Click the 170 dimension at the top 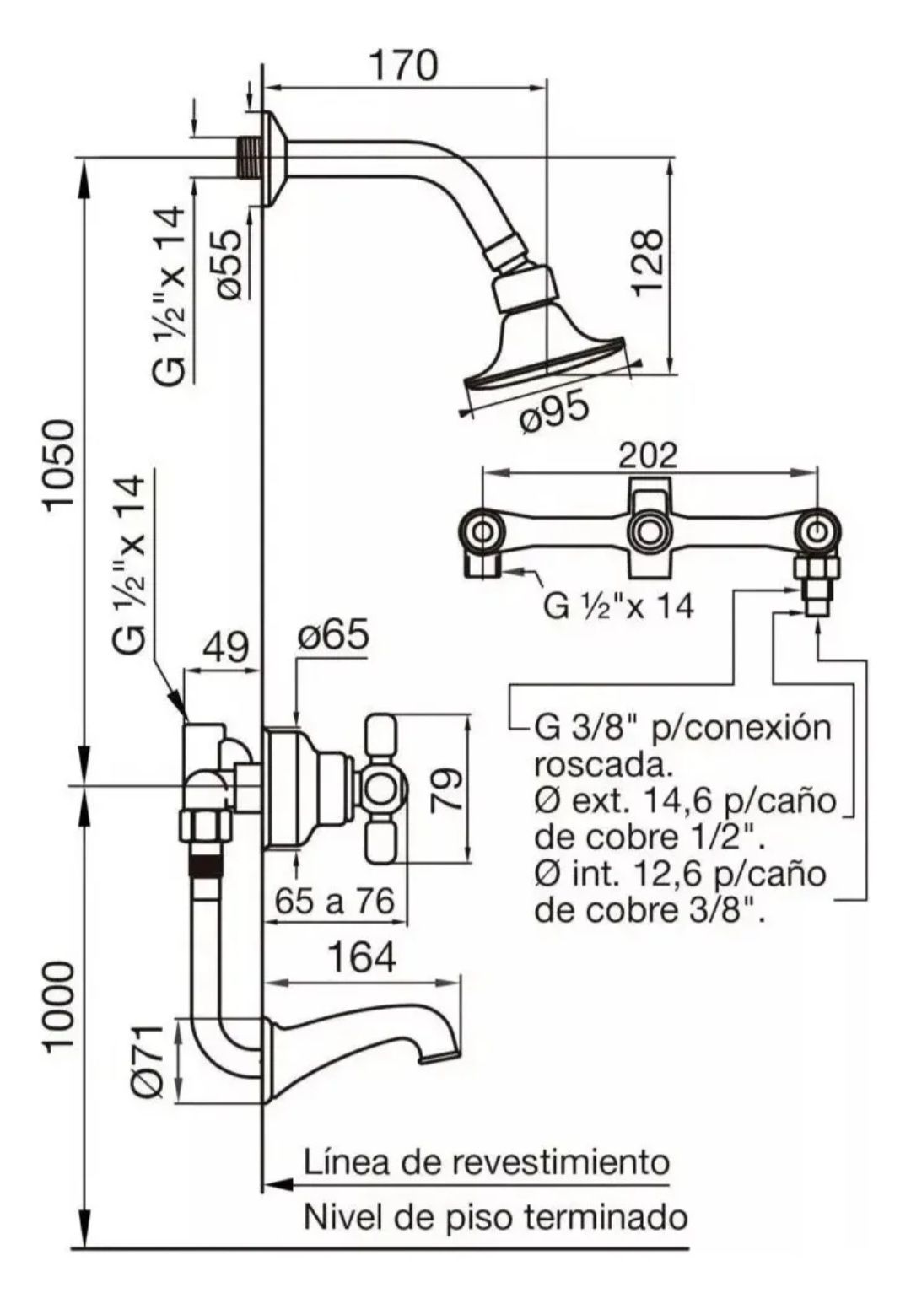point(406,65)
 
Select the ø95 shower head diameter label point(554,412)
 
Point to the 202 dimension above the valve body point(648,455)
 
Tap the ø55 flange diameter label point(230,264)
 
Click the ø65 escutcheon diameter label point(334,635)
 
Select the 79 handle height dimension point(447,789)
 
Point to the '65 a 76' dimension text point(335,902)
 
